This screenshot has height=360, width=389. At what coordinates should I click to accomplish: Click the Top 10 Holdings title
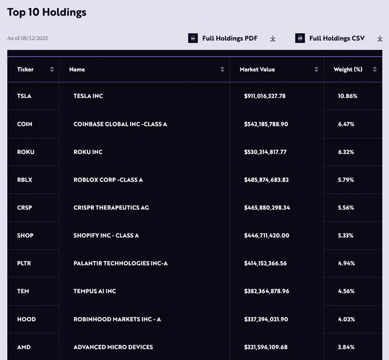(x=47, y=12)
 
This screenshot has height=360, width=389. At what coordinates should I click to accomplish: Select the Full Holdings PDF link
(x=229, y=38)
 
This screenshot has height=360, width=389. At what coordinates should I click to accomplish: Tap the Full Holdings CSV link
(x=336, y=38)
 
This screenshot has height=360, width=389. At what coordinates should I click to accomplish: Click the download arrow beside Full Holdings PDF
(x=273, y=38)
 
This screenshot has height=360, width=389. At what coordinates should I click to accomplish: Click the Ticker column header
(x=26, y=69)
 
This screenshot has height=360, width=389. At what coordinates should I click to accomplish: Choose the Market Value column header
(x=257, y=69)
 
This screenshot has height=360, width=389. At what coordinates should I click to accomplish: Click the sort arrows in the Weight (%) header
(x=375, y=69)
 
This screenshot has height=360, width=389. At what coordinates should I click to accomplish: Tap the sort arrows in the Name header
(x=223, y=69)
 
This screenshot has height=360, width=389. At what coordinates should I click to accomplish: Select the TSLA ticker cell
(x=24, y=96)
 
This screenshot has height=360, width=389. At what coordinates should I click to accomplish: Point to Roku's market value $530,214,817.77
(x=265, y=152)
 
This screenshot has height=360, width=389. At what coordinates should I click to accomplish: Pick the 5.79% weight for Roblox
(x=346, y=180)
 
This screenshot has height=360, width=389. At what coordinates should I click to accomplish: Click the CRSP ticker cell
(x=25, y=207)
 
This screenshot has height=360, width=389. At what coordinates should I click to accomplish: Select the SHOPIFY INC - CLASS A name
(x=106, y=235)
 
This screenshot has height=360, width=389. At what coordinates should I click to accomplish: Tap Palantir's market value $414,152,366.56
(x=265, y=263)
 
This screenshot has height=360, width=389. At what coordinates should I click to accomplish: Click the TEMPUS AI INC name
(x=95, y=291)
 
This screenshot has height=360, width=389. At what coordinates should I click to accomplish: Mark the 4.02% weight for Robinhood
(x=346, y=319)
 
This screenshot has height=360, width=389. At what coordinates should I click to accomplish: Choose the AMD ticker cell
(x=24, y=347)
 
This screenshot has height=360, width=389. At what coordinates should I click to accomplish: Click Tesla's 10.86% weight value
(x=347, y=96)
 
